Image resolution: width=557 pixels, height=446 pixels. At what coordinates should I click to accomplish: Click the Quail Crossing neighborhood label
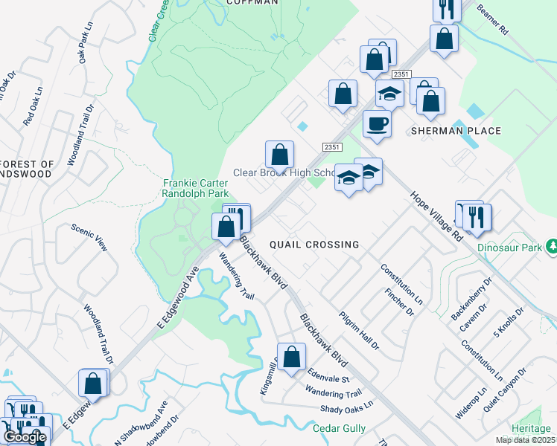[314, 245]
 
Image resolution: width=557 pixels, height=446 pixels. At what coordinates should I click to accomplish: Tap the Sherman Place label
[456, 131]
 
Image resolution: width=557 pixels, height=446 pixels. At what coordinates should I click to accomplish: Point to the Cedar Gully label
[339, 429]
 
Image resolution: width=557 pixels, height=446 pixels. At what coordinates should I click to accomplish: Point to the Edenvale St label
[328, 377]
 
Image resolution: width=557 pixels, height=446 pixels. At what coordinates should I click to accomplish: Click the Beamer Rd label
[492, 20]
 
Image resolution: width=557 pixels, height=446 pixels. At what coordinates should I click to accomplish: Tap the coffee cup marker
[377, 124]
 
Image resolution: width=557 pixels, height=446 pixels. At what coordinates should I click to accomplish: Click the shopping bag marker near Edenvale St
[292, 356]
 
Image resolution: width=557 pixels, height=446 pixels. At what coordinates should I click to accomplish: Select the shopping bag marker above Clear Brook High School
[279, 155]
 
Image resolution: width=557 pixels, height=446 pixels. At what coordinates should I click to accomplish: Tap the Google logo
[25, 438]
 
